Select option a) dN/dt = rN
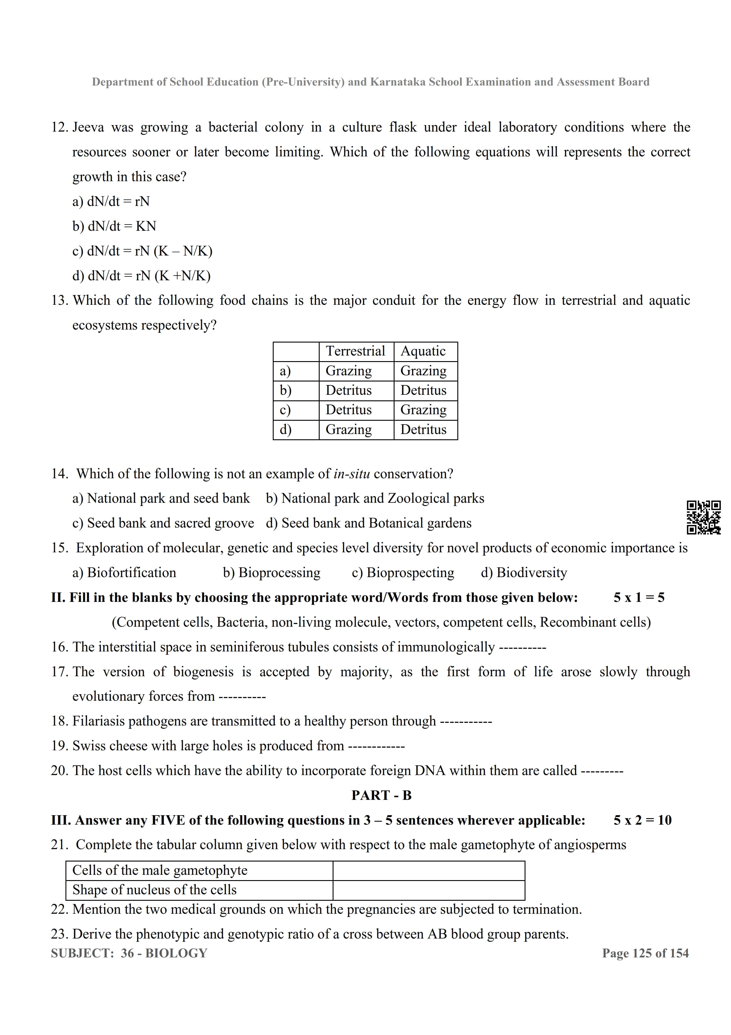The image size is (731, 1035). [111, 202]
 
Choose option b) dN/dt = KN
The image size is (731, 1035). [114, 226]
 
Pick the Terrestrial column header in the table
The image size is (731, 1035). [355, 351]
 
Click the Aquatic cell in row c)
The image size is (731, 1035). [423, 410]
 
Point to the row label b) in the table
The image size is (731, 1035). [285, 390]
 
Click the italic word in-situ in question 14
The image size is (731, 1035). [352, 474]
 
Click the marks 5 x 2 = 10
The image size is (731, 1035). [642, 820]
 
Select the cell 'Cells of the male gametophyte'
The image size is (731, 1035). [160, 870]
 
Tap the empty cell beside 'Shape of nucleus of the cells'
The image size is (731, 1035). [428, 890]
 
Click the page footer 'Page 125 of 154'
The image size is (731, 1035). [645, 953]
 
